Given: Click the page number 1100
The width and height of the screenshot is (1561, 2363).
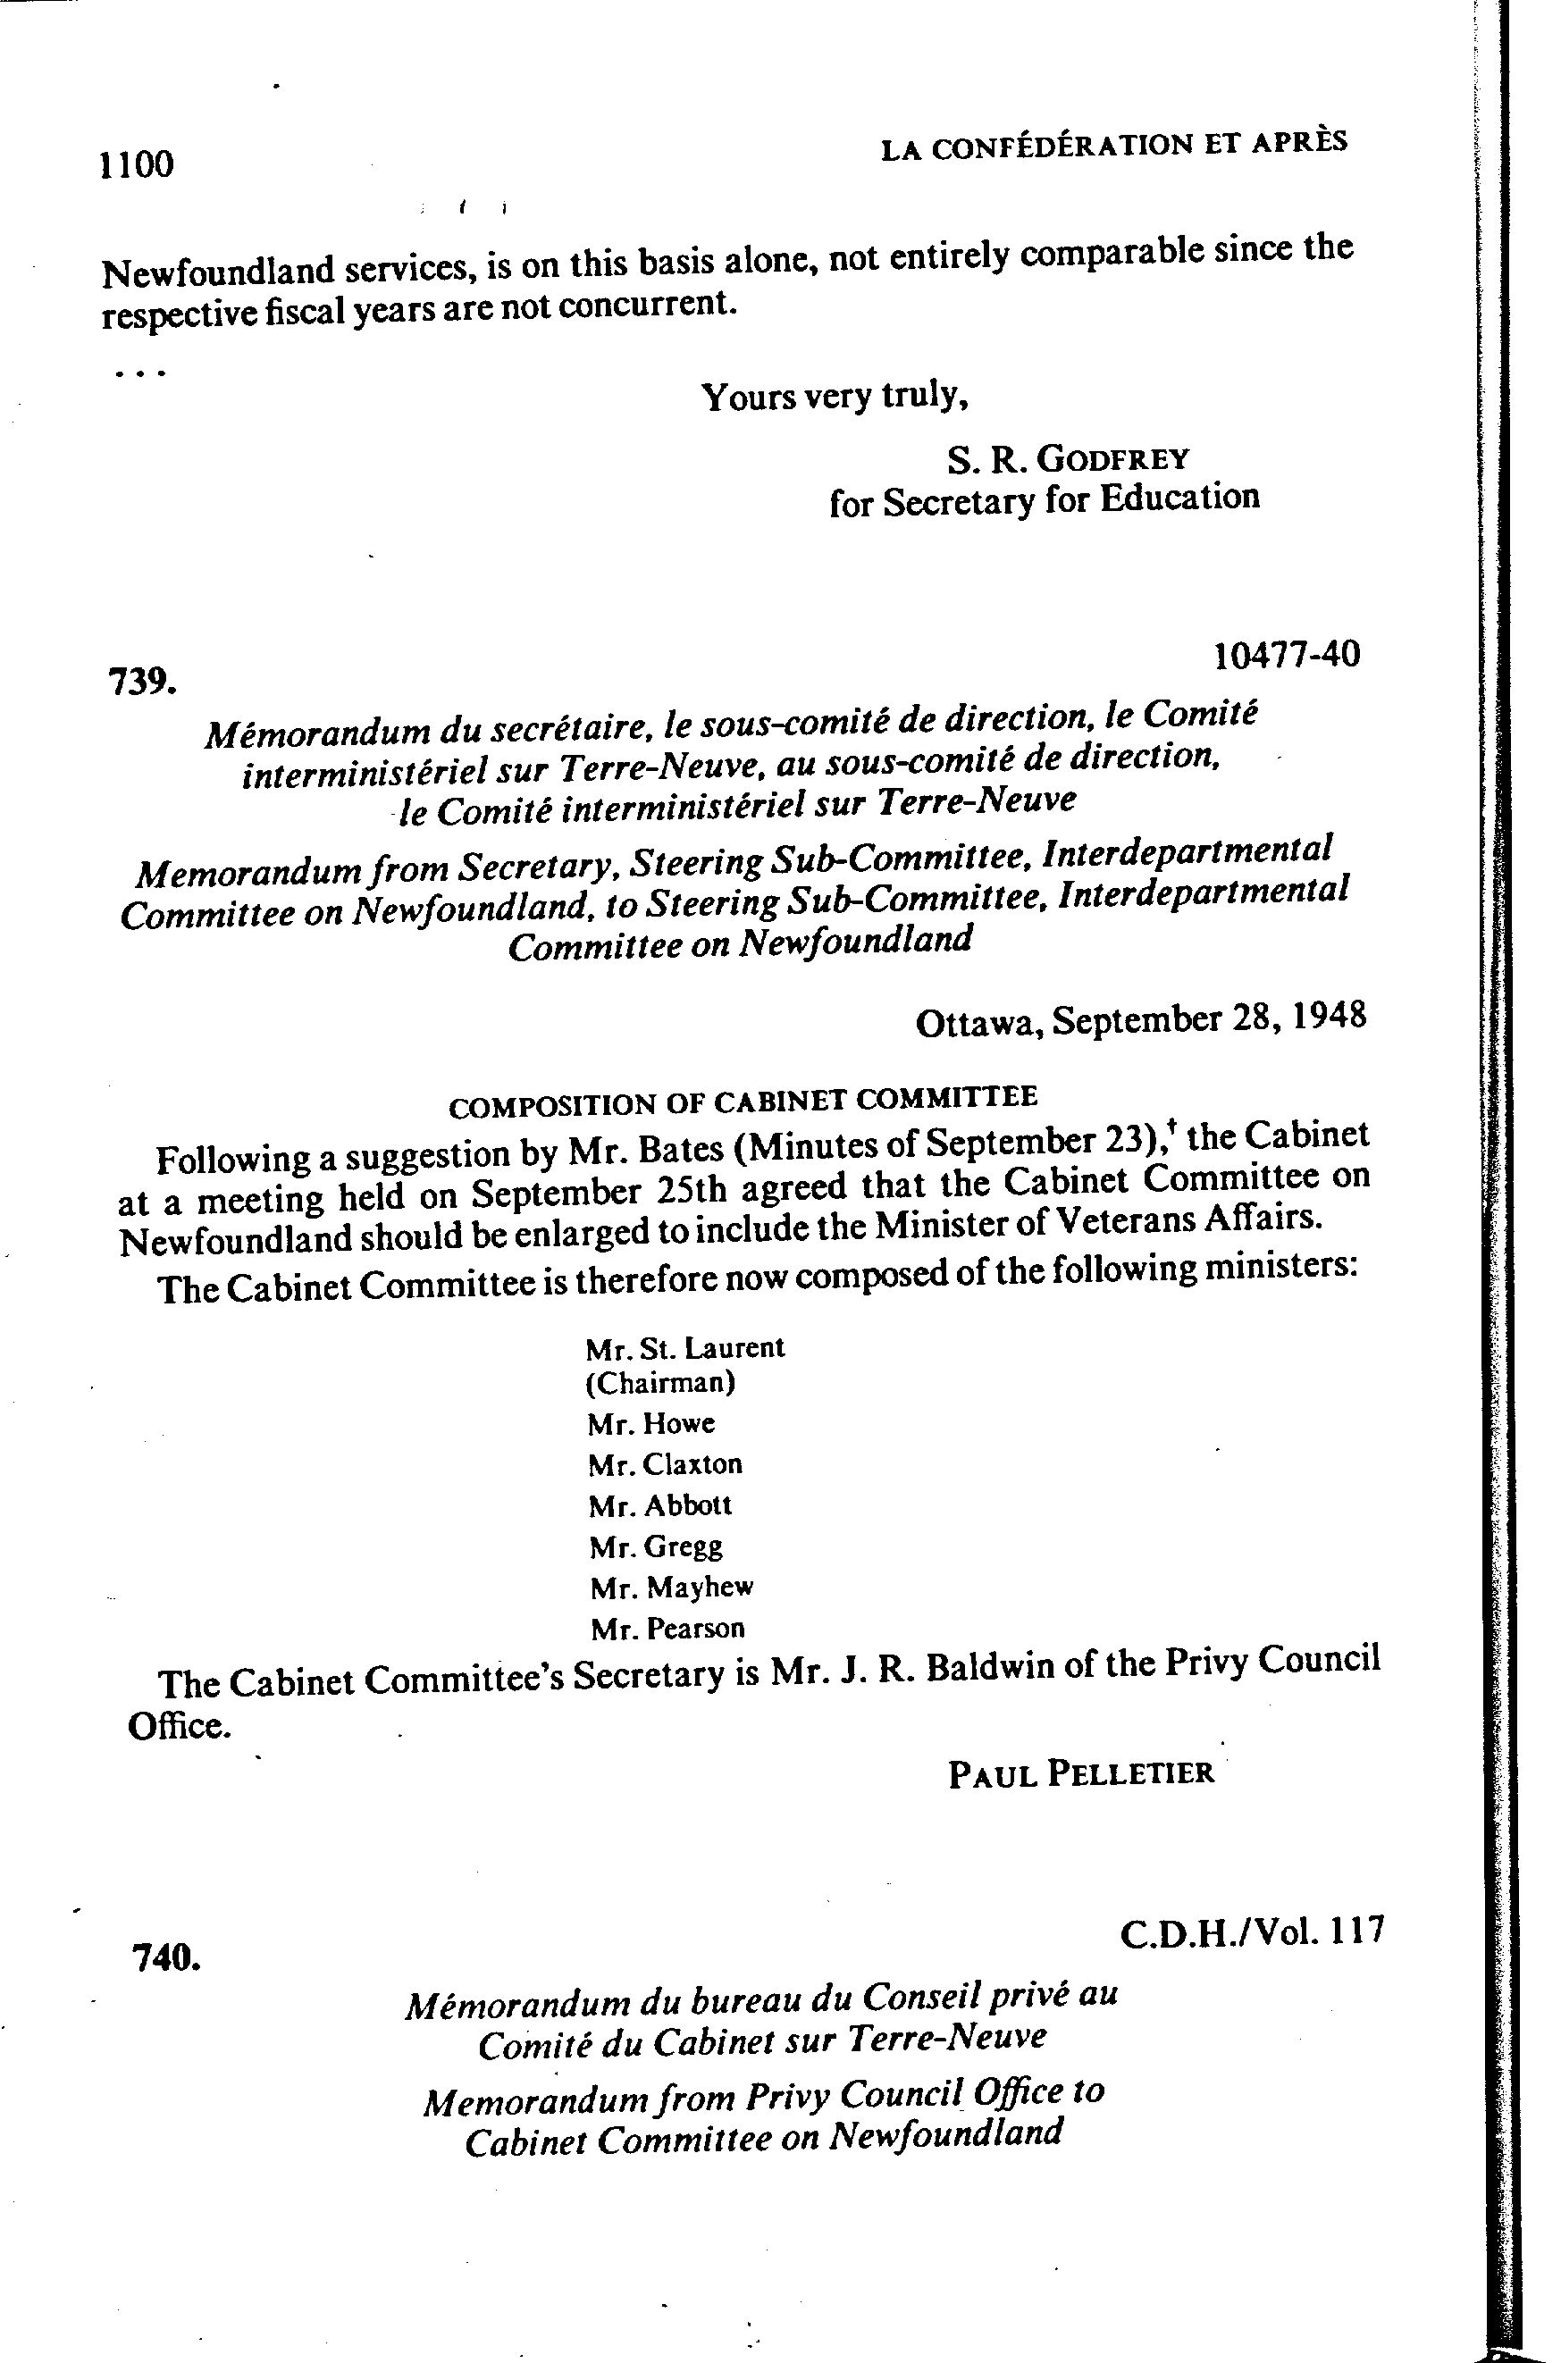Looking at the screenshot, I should (137, 164).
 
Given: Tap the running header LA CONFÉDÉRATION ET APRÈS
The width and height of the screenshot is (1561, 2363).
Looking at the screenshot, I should (1114, 147).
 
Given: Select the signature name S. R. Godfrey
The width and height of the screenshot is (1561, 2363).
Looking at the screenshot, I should (1067, 460).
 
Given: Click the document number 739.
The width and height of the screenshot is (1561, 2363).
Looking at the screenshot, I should (142, 683).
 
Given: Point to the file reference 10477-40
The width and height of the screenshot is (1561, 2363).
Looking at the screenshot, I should (1286, 656).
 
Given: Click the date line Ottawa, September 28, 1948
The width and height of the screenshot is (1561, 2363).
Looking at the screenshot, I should (1140, 1019).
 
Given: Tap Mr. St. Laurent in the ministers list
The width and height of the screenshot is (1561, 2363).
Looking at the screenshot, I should (685, 1349).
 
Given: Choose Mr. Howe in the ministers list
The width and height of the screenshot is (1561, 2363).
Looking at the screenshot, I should (651, 1423).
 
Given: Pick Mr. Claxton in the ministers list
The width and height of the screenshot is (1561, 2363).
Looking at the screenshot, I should (665, 1464).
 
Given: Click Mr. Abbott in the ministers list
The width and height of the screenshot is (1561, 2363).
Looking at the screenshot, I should (660, 1505).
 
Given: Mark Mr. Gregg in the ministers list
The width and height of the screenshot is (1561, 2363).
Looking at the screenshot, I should (655, 1546).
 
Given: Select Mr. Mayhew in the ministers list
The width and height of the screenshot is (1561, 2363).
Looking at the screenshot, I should (671, 1587).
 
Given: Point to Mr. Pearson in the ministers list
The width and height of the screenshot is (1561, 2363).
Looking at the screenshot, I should (667, 1629).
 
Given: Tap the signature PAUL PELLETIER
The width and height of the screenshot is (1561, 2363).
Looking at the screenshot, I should (1080, 1772).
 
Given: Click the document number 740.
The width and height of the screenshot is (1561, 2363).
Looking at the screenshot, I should (166, 1958).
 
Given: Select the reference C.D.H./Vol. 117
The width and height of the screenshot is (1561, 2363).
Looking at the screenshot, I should (1251, 1932).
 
